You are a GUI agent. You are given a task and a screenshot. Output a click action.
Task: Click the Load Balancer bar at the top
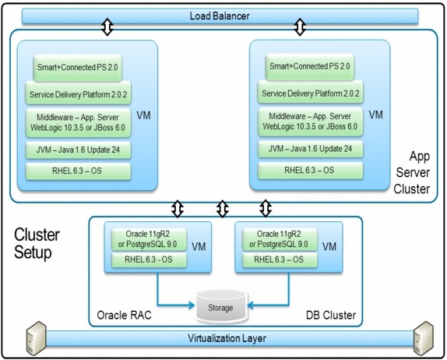223,16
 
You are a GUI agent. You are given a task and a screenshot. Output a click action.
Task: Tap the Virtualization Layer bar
223,339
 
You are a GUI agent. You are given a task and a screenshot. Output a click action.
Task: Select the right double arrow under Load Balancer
299,28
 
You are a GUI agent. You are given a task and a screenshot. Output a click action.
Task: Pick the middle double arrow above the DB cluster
223,209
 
